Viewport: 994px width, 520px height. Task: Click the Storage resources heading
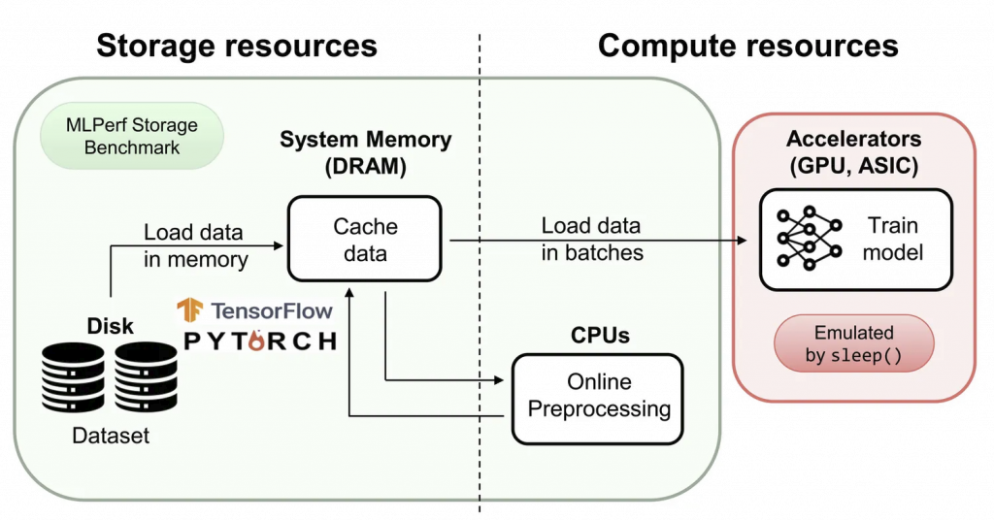tap(237, 45)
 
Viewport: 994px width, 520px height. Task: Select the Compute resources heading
tap(747, 45)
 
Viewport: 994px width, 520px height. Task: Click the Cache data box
tap(365, 240)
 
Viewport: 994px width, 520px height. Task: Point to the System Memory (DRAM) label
tap(365, 152)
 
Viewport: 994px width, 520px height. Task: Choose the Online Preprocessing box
tap(598, 395)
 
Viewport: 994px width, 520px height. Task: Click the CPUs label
tap(599, 336)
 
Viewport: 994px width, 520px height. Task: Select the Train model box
tap(855, 239)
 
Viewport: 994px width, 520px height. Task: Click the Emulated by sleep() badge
tap(853, 343)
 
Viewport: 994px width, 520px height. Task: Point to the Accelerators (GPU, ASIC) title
tap(854, 152)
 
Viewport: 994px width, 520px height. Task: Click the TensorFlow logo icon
tap(188, 310)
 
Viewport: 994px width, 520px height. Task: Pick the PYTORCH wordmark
tap(260, 341)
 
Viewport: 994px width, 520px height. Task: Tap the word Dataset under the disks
tap(112, 436)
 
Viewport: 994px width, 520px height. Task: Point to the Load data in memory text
tap(196, 245)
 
